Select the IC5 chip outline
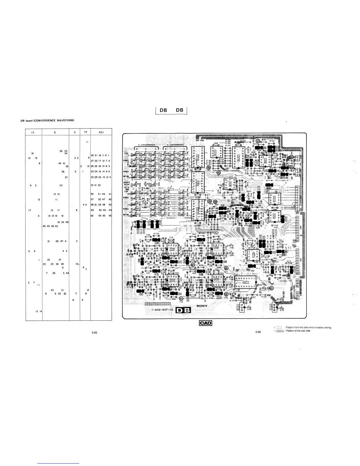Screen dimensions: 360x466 tap(172, 249)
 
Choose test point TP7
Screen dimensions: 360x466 tap(226, 269)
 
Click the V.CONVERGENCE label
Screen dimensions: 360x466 tap(174, 145)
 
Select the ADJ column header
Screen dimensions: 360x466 tap(101, 132)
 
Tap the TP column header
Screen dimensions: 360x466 tap(85, 132)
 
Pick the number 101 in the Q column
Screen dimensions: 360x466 tap(61, 186)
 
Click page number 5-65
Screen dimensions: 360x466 tap(94, 332)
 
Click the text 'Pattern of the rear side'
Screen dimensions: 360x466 tap(297, 331)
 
